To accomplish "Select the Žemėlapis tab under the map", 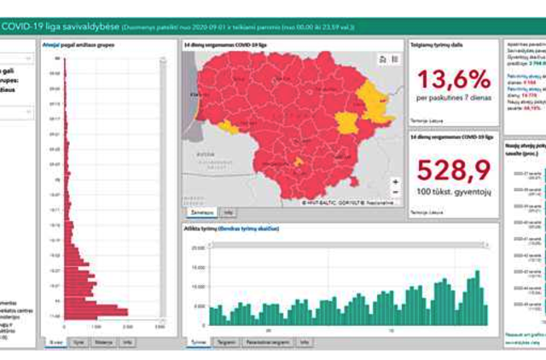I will tap(201, 211).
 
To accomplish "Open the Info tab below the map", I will tap(229, 211).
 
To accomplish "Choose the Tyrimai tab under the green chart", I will tap(199, 341).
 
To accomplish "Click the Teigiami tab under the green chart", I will tap(226, 341).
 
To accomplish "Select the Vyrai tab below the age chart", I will tap(78, 341).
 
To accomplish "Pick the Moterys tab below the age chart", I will tap(103, 341).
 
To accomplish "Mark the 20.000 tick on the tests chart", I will tap(197, 247).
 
